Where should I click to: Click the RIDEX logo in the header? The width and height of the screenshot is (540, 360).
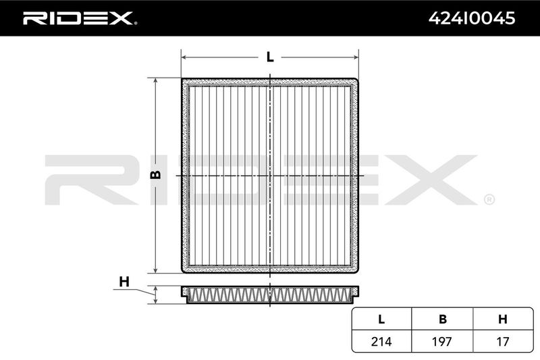(x=80, y=18)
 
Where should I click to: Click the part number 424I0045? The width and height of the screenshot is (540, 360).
(x=471, y=18)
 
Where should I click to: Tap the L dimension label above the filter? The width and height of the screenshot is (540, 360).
(x=270, y=57)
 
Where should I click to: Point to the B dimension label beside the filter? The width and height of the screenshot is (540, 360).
(x=156, y=175)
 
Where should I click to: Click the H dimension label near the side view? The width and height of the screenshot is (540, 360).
(x=124, y=282)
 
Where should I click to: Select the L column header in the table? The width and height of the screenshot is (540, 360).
(x=381, y=319)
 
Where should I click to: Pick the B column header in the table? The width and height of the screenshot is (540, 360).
(x=443, y=319)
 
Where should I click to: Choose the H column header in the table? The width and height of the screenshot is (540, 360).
(x=503, y=319)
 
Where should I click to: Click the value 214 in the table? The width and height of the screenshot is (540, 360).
(x=381, y=341)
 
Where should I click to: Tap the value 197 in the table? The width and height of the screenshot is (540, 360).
(x=442, y=341)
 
